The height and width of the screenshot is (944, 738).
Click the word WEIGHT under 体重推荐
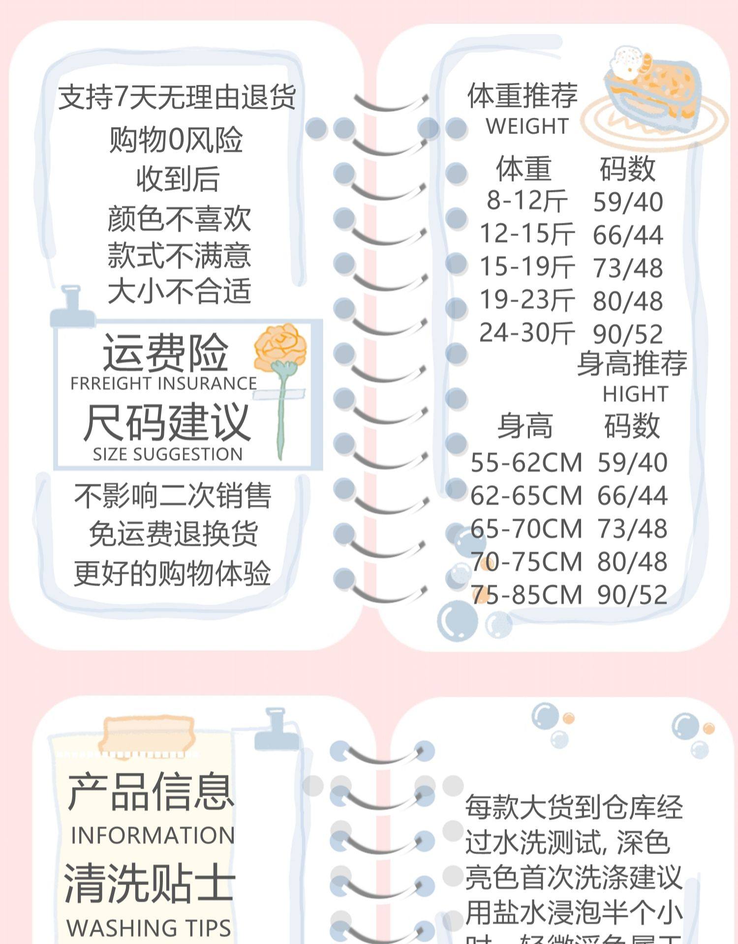point(527,126)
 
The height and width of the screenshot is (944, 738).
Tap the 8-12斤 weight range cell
point(527,201)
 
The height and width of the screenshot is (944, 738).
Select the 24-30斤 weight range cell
point(527,333)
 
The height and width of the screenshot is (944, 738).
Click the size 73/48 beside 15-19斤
point(628,268)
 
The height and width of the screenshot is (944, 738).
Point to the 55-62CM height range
point(526,463)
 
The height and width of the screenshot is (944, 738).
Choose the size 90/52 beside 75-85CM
point(632,595)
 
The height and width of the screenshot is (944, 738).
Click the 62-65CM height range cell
point(526,496)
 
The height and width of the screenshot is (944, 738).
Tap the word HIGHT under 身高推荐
point(635,394)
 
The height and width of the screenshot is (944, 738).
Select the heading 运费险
point(165,353)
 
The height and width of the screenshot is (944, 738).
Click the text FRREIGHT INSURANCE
point(163,383)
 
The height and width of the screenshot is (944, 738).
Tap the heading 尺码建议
point(167,422)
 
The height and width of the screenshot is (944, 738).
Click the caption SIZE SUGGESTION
point(168,454)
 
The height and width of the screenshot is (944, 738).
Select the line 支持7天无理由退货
point(177,97)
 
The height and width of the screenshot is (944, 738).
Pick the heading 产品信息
point(151,792)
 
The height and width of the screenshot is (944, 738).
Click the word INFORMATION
point(153,836)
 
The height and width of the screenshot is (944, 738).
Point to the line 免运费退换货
point(173,534)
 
